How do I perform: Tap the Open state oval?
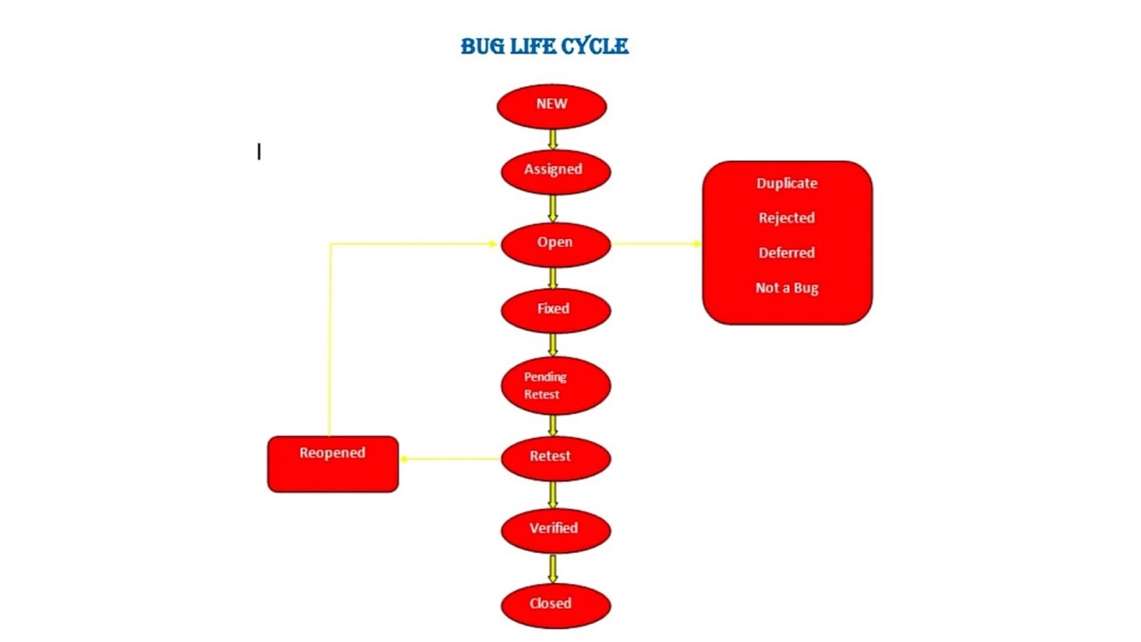(555, 243)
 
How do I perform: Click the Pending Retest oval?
(555, 385)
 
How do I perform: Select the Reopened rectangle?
(332, 464)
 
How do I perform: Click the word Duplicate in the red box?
(786, 184)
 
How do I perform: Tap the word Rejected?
(786, 218)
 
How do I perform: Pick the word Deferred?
(786, 253)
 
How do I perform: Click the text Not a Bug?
(786, 288)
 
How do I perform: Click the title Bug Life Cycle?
(544, 46)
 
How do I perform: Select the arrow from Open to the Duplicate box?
(657, 243)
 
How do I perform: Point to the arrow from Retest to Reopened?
(449, 459)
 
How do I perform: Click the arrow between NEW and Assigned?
(553, 139)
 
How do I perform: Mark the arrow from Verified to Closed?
(553, 569)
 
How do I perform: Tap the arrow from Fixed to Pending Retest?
(553, 344)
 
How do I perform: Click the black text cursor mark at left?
(259, 152)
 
